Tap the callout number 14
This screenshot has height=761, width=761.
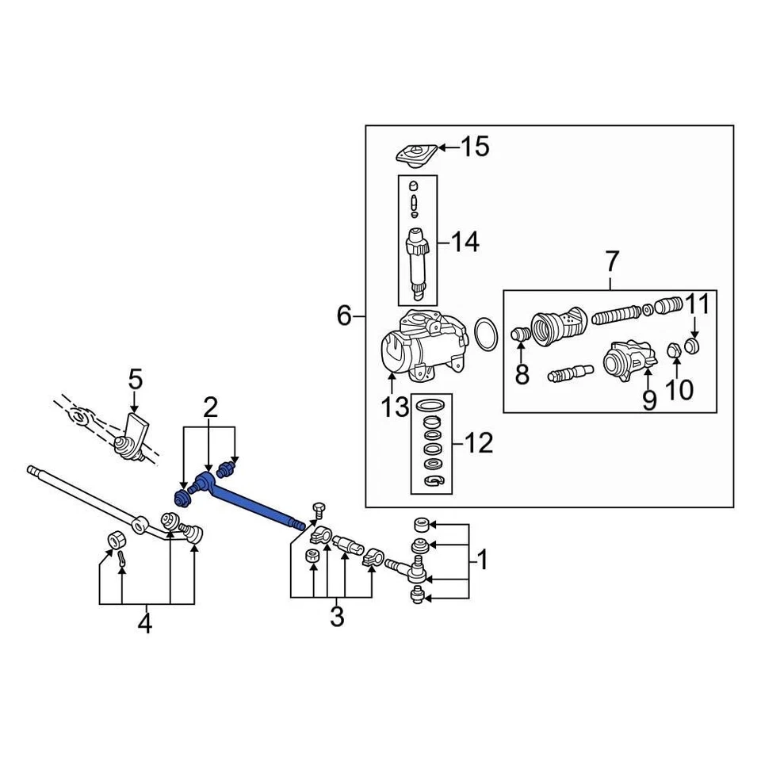coord(465,241)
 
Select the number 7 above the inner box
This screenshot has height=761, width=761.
coord(611,261)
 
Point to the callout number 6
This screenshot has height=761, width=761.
coord(344,316)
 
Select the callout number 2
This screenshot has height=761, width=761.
coord(209,408)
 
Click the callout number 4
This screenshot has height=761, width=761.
coord(144,624)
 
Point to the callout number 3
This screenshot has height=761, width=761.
coord(337,616)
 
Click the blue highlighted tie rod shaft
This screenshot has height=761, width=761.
coord(254,503)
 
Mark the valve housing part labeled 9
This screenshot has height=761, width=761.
coord(625,360)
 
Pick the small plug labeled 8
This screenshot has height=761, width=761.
coord(520,335)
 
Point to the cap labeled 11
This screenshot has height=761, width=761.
coord(693,346)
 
